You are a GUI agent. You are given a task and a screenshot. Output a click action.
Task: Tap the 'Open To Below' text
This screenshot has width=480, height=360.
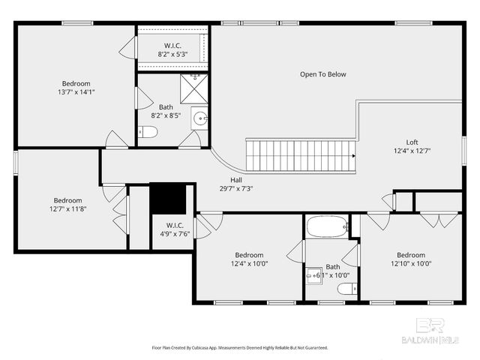(323, 74)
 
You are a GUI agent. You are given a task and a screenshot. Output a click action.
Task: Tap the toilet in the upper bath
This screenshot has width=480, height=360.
(148, 133)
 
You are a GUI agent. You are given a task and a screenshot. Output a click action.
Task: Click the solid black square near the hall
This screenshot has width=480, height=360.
(168, 199)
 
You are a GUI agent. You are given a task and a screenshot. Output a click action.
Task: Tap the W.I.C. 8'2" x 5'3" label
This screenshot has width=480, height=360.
(172, 49)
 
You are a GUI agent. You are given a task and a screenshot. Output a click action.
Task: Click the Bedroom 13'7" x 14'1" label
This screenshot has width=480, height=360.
(76, 88)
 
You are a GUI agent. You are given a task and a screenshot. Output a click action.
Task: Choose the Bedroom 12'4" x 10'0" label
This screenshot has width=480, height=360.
(249, 259)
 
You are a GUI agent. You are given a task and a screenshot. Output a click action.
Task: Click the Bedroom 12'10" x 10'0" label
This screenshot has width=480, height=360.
(411, 259)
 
